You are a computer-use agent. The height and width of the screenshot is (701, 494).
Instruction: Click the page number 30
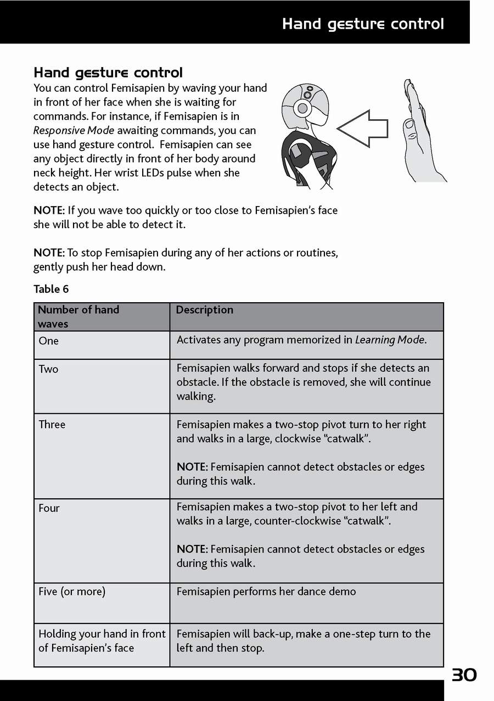point(464,675)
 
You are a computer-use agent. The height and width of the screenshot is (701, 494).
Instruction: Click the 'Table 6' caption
point(51,289)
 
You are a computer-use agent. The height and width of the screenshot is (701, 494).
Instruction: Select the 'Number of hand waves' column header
point(78,316)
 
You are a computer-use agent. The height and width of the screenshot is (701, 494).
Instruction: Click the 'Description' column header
point(204,310)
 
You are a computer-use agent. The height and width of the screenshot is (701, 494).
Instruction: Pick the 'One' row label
point(48,341)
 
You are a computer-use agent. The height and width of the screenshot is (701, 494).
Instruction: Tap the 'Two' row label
point(48,369)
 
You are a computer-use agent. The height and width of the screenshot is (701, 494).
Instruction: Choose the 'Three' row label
point(52,425)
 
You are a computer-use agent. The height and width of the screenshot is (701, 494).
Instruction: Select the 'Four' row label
point(49,508)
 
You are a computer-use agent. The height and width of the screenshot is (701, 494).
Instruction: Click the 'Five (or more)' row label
point(72,592)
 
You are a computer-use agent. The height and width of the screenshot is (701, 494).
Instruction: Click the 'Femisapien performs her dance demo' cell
point(266,592)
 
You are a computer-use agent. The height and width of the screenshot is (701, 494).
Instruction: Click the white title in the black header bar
point(363,24)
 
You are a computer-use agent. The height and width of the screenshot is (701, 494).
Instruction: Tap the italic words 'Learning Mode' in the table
point(390,340)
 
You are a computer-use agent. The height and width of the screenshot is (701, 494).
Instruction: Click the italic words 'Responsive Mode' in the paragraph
point(74,131)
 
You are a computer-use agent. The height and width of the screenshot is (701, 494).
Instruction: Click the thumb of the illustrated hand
point(411,127)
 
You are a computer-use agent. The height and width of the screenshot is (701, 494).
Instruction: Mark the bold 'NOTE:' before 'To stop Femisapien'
point(49,253)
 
